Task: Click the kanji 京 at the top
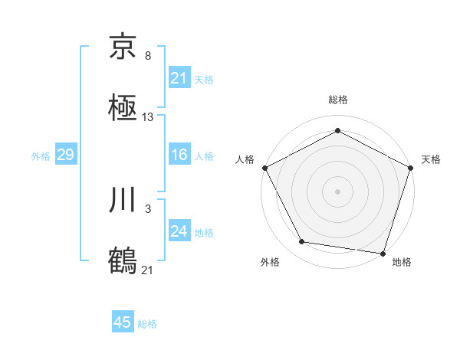pyautogui.click(x=123, y=47)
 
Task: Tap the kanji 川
pyautogui.click(x=123, y=201)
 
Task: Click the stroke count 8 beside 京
pyautogui.click(x=147, y=56)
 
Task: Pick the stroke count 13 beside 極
pyautogui.click(x=148, y=117)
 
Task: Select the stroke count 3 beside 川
pyautogui.click(x=147, y=208)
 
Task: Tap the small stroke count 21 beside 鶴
pyautogui.click(x=147, y=270)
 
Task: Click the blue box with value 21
pyautogui.click(x=179, y=78)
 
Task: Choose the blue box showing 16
pyautogui.click(x=179, y=155)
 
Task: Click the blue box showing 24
pyautogui.click(x=179, y=231)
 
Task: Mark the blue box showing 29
pyautogui.click(x=66, y=155)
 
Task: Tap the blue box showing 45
pyautogui.click(x=123, y=322)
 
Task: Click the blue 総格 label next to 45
pyautogui.click(x=147, y=324)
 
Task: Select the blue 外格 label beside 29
pyautogui.click(x=41, y=156)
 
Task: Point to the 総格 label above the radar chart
pyautogui.click(x=338, y=100)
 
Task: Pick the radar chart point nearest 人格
pyautogui.click(x=264, y=168)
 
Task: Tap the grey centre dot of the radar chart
pyautogui.click(x=338, y=191)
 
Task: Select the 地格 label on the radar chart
pyautogui.click(x=402, y=263)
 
